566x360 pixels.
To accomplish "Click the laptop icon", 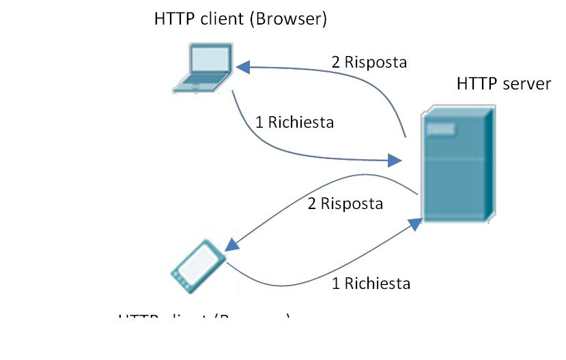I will click(x=202, y=68).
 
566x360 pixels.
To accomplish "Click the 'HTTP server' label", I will click(x=503, y=84).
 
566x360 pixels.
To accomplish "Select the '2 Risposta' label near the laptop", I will click(x=369, y=62).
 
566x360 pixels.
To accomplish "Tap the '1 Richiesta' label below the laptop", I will click(x=294, y=123).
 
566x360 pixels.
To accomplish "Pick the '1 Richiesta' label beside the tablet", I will click(x=371, y=283).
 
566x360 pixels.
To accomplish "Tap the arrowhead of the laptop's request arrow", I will click(x=395, y=161).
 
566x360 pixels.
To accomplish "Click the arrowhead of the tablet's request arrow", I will click(x=414, y=223).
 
